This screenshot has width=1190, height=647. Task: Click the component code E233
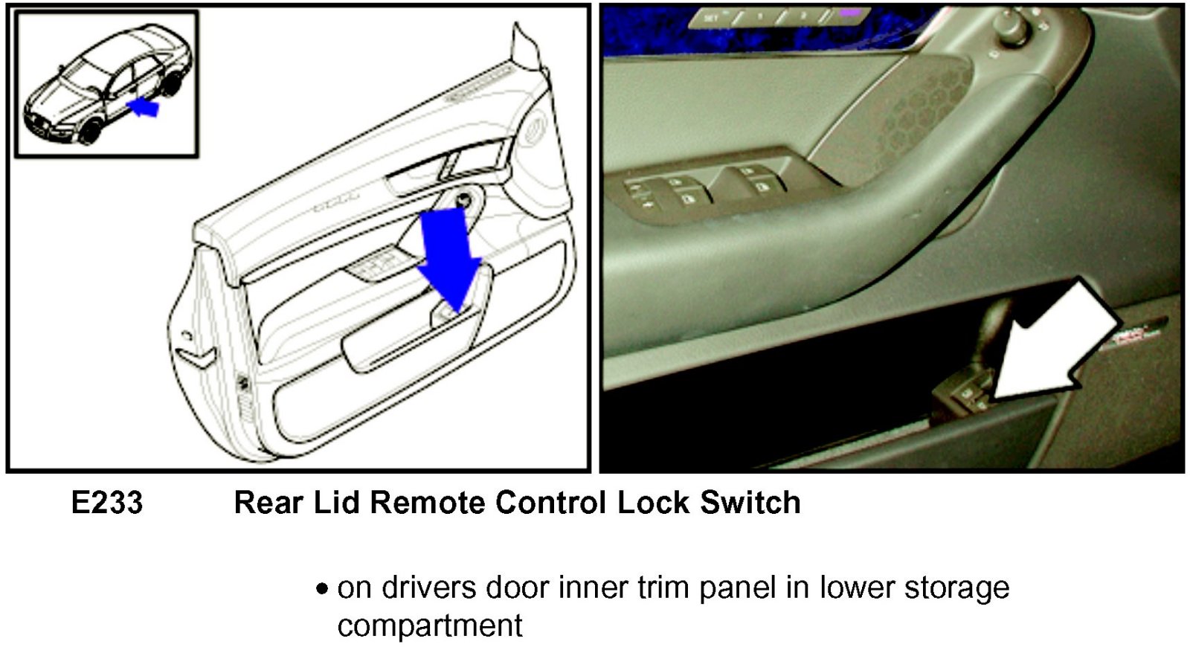[x=106, y=503]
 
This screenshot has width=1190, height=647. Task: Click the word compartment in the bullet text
[x=430, y=625]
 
